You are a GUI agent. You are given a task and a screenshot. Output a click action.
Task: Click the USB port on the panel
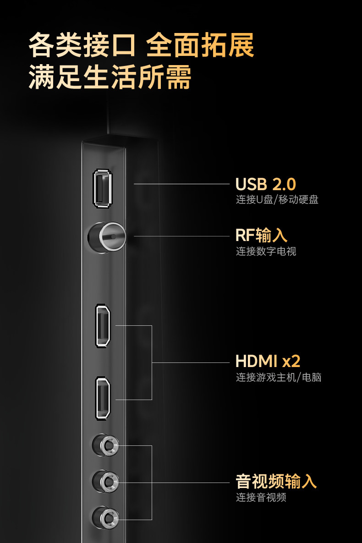[x=102, y=188]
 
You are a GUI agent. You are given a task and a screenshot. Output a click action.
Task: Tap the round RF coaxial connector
[x=106, y=236]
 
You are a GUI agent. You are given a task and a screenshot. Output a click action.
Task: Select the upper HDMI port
[x=103, y=326]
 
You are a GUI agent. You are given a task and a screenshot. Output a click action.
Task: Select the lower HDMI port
[x=103, y=398]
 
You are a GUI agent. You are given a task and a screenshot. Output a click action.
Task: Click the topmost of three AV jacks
[x=106, y=444]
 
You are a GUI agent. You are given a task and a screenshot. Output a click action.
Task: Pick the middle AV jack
[x=106, y=481]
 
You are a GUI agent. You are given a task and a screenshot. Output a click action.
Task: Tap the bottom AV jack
[x=106, y=518]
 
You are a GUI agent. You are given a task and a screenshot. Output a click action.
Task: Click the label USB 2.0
[x=266, y=184]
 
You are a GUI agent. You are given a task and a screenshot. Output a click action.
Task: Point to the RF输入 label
[x=261, y=236]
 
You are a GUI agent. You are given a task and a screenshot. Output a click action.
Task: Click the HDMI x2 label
[x=268, y=361]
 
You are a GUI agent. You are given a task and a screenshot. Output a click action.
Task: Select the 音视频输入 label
[x=276, y=482]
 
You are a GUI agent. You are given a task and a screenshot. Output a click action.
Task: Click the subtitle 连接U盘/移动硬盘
[x=277, y=200]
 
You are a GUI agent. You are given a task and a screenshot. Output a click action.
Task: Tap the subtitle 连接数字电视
[x=266, y=252]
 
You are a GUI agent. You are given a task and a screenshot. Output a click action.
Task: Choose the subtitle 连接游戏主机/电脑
[x=278, y=378]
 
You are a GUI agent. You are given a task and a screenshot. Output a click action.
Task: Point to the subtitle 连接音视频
[x=261, y=498]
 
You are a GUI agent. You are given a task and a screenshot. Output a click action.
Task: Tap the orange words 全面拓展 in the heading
[x=200, y=46]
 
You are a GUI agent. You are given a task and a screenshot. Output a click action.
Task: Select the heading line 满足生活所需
[x=110, y=78]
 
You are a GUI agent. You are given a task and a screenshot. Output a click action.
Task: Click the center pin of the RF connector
[x=110, y=236]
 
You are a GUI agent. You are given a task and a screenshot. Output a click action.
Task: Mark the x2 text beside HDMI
[x=291, y=361]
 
